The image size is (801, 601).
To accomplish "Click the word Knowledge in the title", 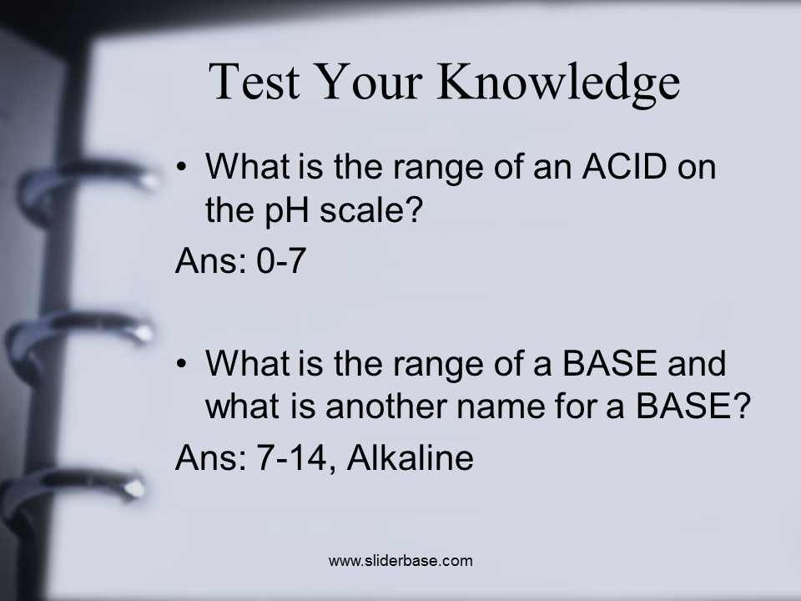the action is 558,83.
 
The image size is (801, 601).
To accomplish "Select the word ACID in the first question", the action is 624,166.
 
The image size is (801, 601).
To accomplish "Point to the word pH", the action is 285,210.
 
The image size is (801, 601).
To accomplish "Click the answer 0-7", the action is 281,260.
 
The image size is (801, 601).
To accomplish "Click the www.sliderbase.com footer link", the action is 400,561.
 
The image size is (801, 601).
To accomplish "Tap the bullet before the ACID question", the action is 181,167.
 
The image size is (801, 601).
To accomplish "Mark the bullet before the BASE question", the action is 181,363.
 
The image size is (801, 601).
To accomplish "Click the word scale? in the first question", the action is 371,210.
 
